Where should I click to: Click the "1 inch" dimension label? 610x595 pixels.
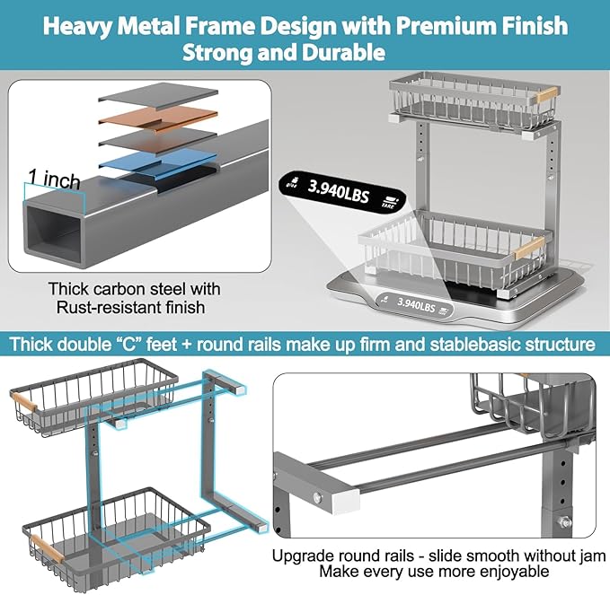point(54,179)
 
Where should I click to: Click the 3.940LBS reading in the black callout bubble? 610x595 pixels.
point(339,189)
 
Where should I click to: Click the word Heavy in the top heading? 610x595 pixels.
point(81,25)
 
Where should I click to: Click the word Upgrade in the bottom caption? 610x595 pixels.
point(302,556)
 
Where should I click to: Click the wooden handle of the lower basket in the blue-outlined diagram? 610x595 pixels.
point(42,545)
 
